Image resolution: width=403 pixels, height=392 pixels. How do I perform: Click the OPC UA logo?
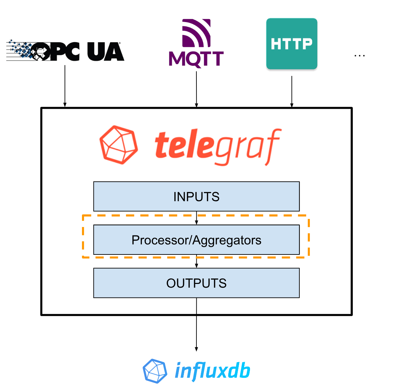(65, 51)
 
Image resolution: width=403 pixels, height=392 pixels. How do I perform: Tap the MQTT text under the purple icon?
(196, 59)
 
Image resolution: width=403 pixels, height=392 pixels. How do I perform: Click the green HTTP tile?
(292, 44)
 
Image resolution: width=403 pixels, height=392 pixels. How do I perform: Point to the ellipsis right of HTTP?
(359, 56)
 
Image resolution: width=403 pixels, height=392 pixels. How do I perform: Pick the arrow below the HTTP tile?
(292, 91)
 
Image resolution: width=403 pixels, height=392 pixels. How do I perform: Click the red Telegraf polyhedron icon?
(119, 145)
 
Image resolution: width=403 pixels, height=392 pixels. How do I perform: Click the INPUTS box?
(196, 197)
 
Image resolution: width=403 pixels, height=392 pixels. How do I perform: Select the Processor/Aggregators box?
(196, 240)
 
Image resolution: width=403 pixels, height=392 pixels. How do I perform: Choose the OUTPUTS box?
(196, 283)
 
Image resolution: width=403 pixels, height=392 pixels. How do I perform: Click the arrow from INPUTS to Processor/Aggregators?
(196, 218)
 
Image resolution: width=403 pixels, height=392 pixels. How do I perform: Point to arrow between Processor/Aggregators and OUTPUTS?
(196, 261)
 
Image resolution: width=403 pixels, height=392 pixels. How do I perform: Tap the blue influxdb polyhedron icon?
(155, 371)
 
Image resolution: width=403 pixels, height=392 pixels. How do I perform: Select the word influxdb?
(212, 371)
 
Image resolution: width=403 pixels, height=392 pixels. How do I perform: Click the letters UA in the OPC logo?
(105, 52)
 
